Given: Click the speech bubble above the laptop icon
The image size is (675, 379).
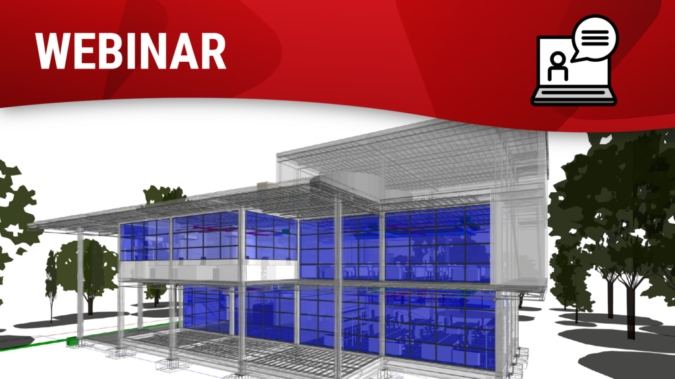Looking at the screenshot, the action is coord(595,38).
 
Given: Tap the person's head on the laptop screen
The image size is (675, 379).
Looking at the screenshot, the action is coord(558,59).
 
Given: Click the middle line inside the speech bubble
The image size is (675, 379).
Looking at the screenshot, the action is coord(595,38).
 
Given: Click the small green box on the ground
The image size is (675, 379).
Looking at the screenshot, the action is coord(72,341).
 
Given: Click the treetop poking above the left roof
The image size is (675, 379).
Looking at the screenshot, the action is coord(163,194).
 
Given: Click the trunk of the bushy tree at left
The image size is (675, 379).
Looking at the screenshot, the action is coord(90,305).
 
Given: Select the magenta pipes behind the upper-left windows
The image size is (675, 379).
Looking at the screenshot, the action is coord(258,234).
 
